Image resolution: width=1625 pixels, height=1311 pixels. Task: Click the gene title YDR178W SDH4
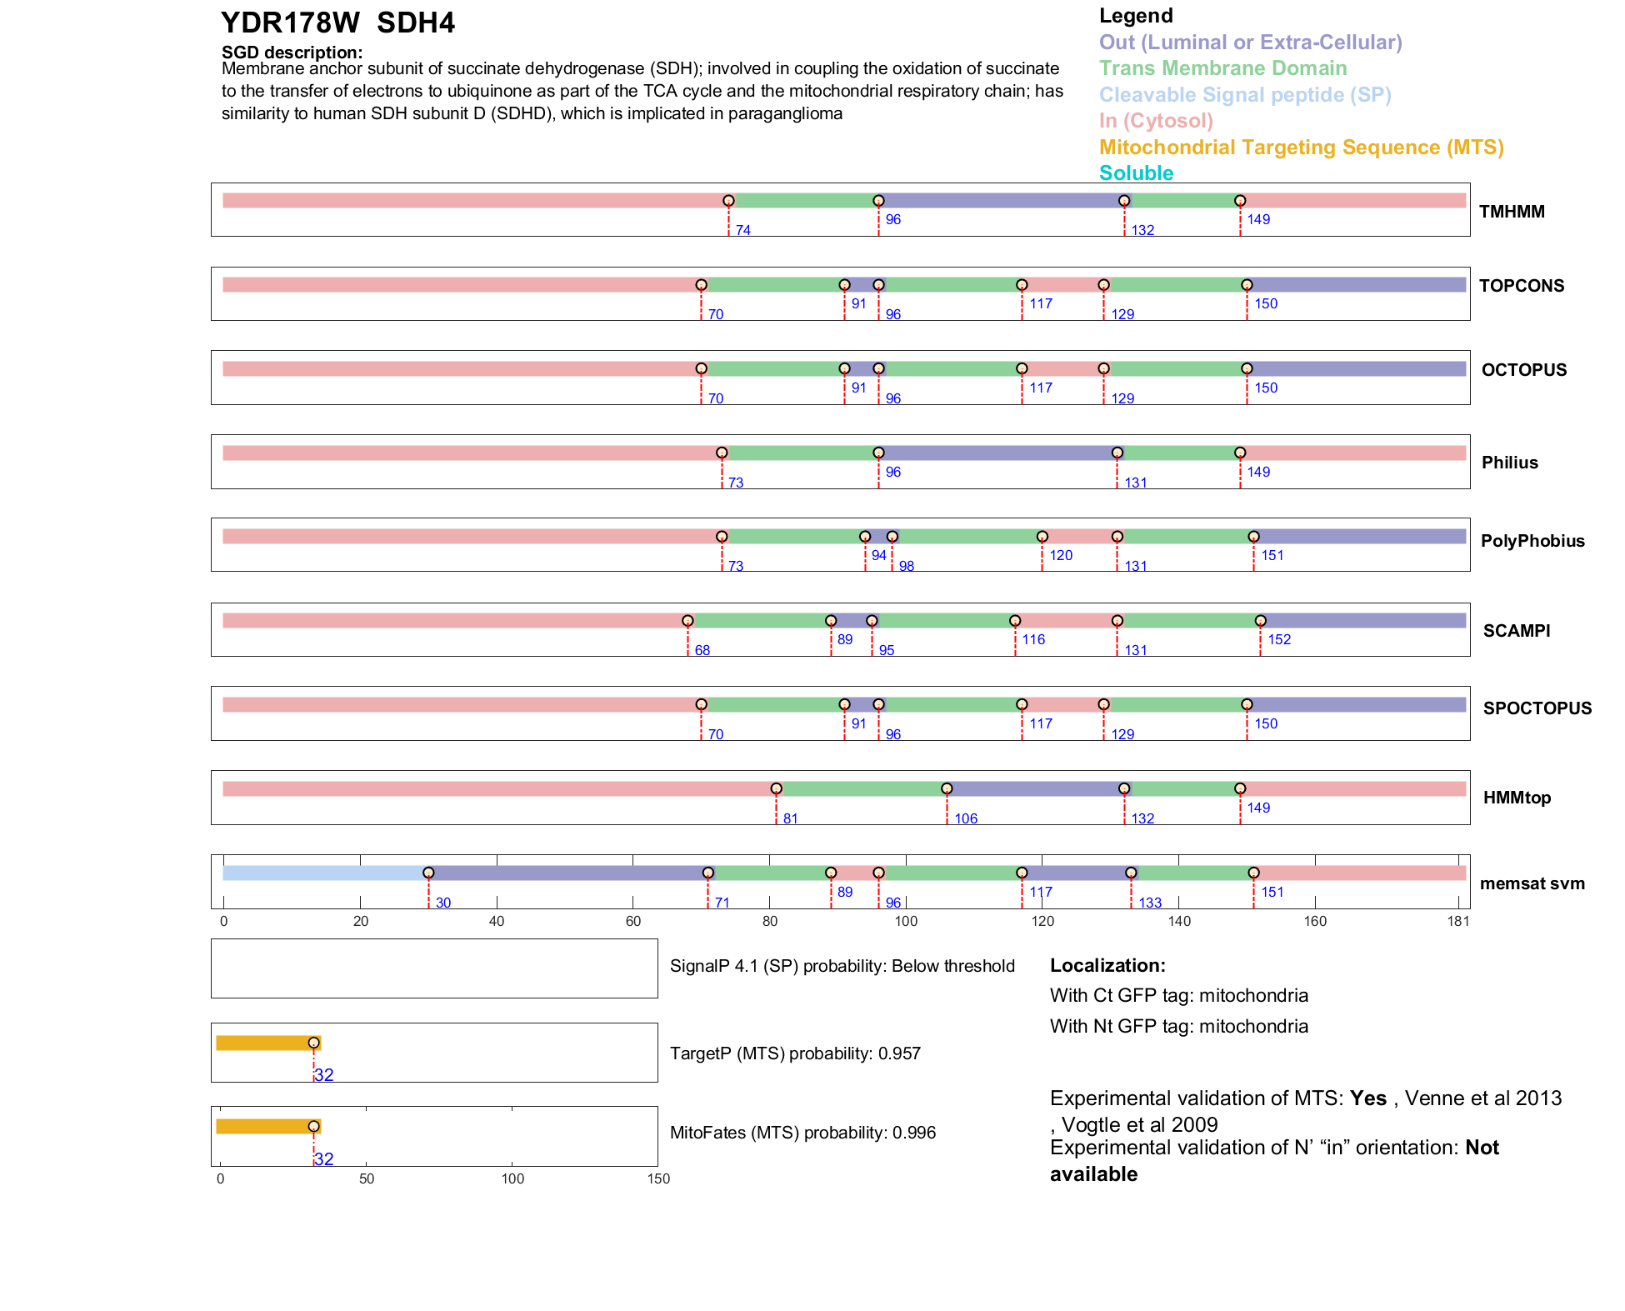[337, 23]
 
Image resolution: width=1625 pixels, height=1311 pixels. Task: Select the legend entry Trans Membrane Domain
[1222, 68]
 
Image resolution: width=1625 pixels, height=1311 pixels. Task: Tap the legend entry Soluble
[1136, 173]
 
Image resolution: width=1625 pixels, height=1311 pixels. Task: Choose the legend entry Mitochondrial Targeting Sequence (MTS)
[1301, 148]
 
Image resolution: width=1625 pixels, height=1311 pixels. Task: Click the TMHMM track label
[1511, 212]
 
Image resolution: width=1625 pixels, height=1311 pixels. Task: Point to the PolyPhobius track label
[1532, 541]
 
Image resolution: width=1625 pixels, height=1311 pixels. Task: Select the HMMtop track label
[1517, 798]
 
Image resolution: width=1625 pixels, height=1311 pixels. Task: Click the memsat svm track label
[1532, 883]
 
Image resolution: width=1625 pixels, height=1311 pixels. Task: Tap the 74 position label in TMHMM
[742, 230]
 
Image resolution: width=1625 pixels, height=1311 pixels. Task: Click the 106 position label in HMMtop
[966, 818]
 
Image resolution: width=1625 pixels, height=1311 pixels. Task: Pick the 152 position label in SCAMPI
[1279, 639]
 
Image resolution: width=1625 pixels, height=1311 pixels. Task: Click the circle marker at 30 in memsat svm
[428, 873]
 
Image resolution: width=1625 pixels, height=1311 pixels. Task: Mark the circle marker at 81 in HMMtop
[776, 788]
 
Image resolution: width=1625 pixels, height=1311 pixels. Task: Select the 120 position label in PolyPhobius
[1061, 555]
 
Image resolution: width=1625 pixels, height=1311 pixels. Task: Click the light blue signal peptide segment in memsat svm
[325, 873]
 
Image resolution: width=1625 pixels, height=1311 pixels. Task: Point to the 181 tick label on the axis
[1458, 921]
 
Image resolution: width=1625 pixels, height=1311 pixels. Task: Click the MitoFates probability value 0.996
[914, 1133]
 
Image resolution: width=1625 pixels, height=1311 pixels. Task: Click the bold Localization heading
[1107, 965]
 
